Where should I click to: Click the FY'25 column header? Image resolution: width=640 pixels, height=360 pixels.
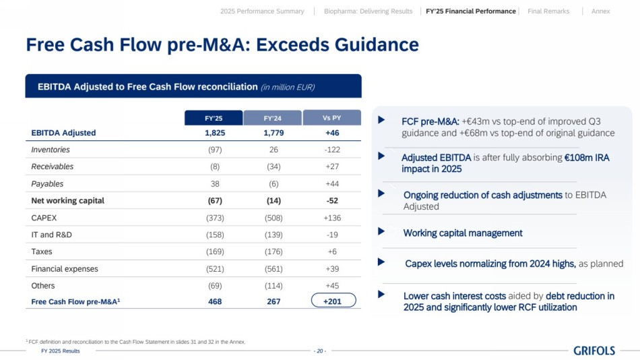click(x=214, y=118)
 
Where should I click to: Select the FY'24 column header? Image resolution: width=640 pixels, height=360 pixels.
click(x=273, y=118)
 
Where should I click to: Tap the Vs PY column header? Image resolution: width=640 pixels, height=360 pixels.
click(x=332, y=117)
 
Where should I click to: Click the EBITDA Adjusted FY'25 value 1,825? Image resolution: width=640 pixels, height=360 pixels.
click(x=215, y=133)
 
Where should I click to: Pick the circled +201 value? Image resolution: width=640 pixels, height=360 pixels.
click(x=333, y=301)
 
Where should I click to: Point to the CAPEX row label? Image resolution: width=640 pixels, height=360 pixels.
click(x=44, y=218)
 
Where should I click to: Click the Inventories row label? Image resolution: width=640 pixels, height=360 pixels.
click(x=51, y=150)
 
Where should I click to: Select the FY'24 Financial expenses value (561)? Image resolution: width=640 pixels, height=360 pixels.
click(x=274, y=269)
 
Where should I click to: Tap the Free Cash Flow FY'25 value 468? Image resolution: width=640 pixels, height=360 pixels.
click(x=215, y=302)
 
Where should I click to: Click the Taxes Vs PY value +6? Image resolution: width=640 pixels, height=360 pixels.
click(x=332, y=251)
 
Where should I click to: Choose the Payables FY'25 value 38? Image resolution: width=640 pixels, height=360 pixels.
click(x=215, y=183)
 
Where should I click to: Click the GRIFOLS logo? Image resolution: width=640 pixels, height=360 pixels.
click(x=594, y=350)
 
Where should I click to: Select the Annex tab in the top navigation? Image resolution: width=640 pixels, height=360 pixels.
click(x=600, y=11)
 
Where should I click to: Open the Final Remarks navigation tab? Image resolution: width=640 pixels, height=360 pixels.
click(x=548, y=11)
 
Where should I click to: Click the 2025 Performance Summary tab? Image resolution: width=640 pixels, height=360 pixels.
click(x=262, y=11)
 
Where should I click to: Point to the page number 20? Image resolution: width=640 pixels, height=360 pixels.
click(x=320, y=351)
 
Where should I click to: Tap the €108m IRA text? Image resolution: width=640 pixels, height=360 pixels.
click(x=587, y=158)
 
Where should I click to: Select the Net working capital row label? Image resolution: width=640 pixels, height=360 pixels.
click(x=67, y=201)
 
